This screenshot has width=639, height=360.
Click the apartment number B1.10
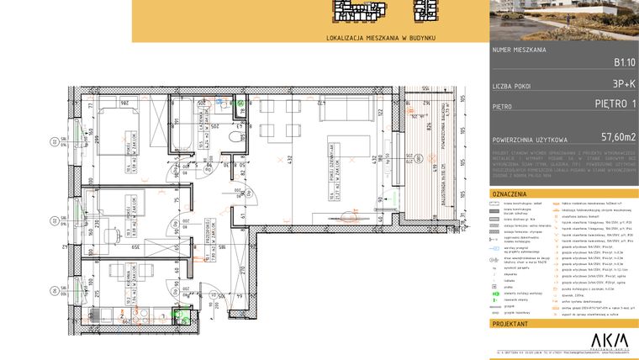click(x=623, y=61)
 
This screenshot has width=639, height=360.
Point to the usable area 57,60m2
click(x=617, y=136)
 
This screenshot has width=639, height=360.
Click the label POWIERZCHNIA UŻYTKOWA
click(x=531, y=140)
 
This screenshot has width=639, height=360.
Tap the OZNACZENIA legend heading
click(x=509, y=193)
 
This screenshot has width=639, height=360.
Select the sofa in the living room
click(x=345, y=109)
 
